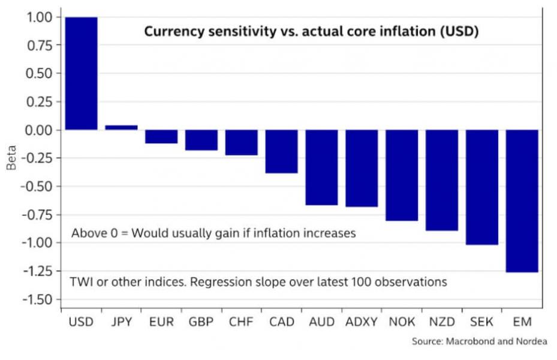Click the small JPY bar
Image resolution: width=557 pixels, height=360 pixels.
(x=121, y=127)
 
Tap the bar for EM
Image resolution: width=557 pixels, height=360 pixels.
(x=522, y=200)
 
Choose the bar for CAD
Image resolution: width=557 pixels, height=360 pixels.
(x=281, y=151)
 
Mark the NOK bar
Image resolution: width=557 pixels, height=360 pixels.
(x=402, y=175)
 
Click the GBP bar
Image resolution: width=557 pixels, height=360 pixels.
(x=201, y=140)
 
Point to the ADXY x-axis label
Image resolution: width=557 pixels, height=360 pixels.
(x=362, y=322)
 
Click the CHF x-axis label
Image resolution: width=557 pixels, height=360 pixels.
(x=241, y=322)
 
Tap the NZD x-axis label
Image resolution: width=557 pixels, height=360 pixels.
(x=442, y=322)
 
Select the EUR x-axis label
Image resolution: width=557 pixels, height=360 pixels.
(x=161, y=322)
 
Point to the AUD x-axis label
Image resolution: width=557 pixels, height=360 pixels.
(x=321, y=322)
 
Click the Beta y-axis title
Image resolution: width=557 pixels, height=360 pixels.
(x=11, y=158)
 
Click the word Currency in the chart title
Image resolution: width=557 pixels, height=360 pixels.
(x=170, y=32)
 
